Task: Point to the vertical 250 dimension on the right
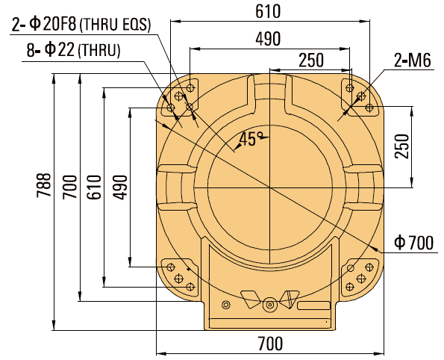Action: click(x=401, y=146)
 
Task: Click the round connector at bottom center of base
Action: click(x=269, y=303)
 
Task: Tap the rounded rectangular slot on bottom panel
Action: click(x=313, y=305)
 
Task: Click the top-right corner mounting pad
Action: click(x=359, y=96)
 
